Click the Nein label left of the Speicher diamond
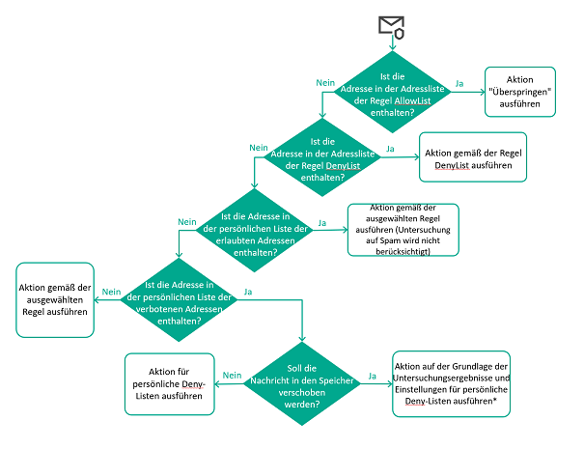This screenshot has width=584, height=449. [232, 375]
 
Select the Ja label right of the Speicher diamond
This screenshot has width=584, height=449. [373, 375]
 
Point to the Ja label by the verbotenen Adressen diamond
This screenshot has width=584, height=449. [249, 291]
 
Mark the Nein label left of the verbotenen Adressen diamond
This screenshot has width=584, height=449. [111, 291]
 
